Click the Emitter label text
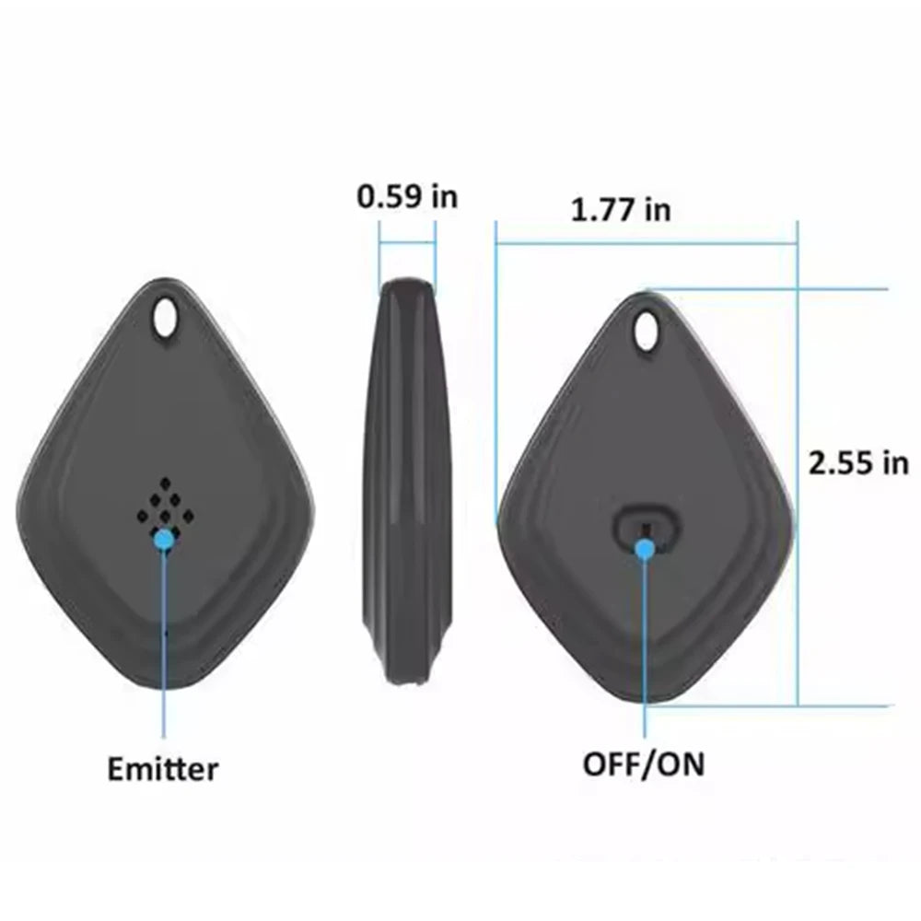click(163, 768)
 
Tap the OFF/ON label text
click(644, 763)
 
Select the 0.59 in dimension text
click(407, 196)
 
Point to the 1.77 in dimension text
click(621, 210)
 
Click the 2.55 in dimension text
click(857, 462)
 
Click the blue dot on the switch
click(646, 550)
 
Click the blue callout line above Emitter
click(164, 645)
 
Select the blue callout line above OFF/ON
click(646, 645)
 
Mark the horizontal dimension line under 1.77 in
click(645, 245)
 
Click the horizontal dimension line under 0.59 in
click(407, 243)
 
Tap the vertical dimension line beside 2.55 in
click(799, 553)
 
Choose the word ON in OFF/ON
click(682, 763)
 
